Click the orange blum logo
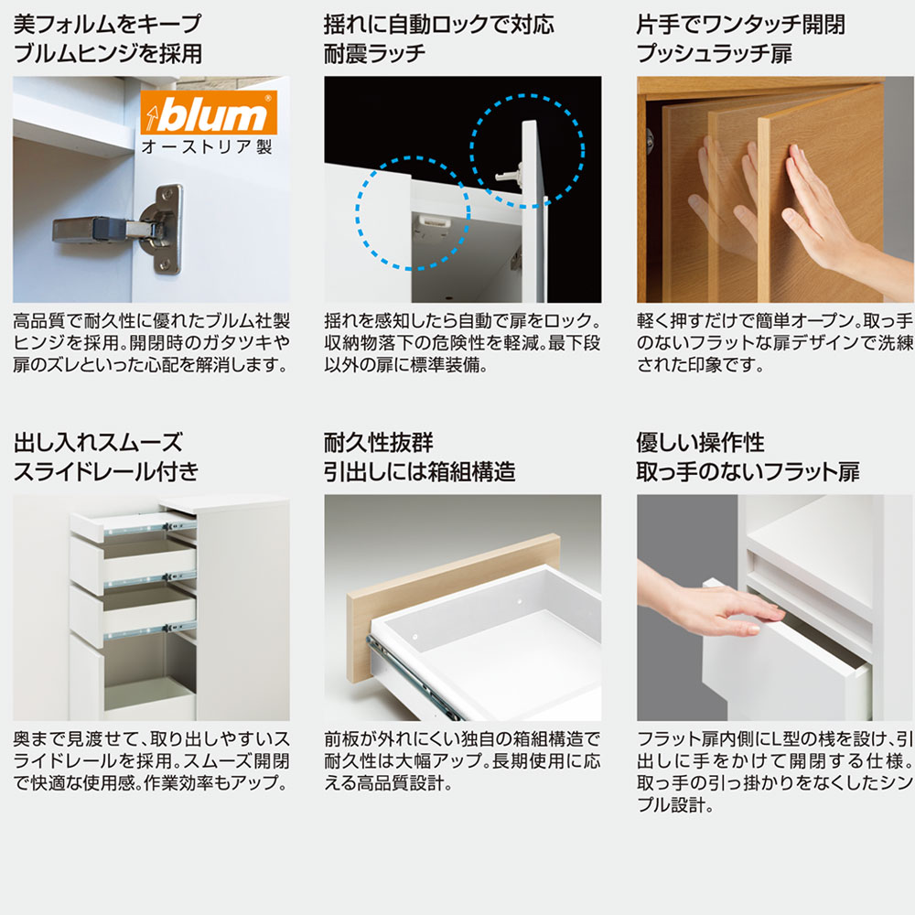(x=209, y=113)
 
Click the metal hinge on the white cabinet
(x=118, y=228)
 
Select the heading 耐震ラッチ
(x=374, y=54)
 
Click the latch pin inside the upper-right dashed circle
(x=508, y=173)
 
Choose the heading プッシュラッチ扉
(x=715, y=54)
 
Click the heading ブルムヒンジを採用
(x=108, y=54)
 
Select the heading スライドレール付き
(x=106, y=471)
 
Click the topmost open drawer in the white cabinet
(x=133, y=524)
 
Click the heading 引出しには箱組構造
(x=420, y=471)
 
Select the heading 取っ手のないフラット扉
(x=748, y=471)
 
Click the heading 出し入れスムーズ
(x=98, y=442)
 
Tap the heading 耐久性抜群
(x=379, y=442)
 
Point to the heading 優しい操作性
(x=700, y=442)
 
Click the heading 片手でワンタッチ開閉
(x=741, y=25)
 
